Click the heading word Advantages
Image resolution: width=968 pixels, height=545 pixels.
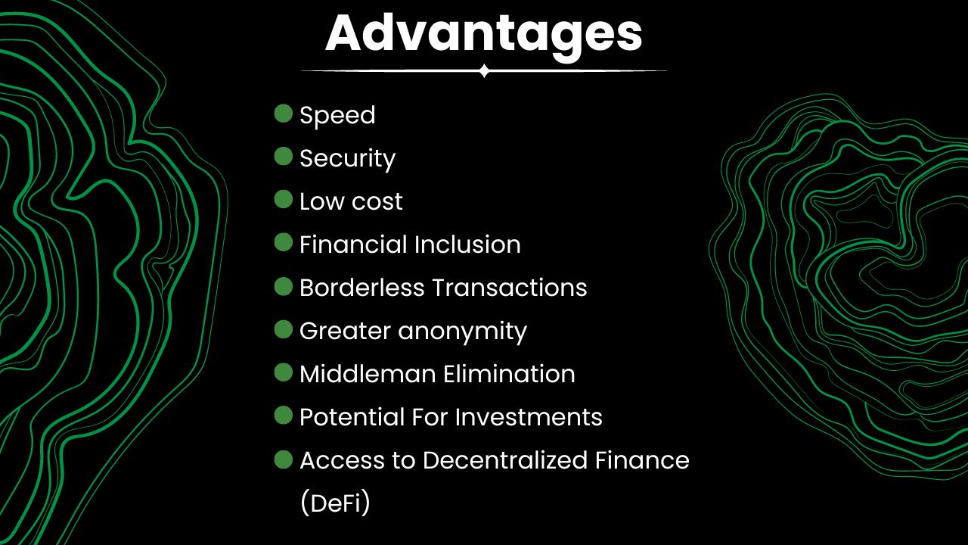coord(484,33)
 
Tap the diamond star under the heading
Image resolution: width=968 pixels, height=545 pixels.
coord(484,71)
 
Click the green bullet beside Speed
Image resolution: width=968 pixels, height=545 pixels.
coord(284,114)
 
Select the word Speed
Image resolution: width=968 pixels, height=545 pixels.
coord(337,116)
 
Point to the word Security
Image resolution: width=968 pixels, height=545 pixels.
coord(347,159)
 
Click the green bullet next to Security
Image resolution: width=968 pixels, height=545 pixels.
coord(284,157)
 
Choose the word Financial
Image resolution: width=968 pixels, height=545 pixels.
coord(353,244)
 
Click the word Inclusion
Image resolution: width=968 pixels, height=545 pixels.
coord(467,244)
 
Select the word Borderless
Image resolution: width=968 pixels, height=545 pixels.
coord(361,288)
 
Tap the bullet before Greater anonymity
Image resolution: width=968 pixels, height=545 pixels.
coord(284,329)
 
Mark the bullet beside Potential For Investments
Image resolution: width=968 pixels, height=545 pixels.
coord(284,416)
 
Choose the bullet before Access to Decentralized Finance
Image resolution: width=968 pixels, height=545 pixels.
coord(284,459)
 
